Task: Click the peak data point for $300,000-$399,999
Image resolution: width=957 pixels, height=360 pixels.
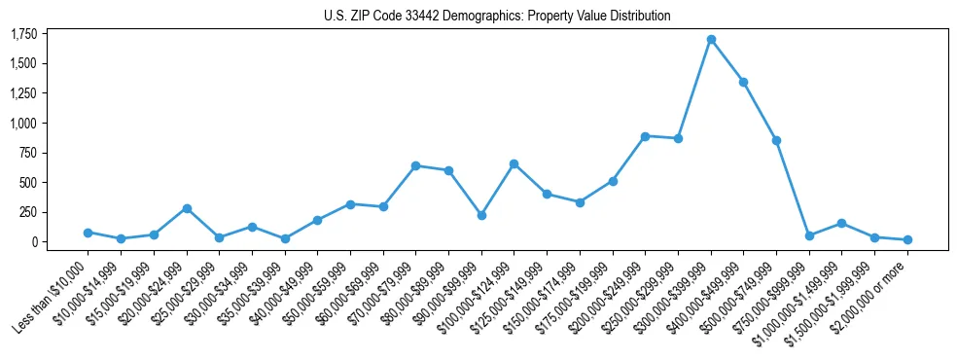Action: coord(711,40)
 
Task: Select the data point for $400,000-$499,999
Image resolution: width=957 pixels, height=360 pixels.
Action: coord(744,82)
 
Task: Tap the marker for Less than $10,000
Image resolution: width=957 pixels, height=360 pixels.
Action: coord(88,233)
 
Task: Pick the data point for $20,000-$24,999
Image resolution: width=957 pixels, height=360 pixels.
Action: coord(187,208)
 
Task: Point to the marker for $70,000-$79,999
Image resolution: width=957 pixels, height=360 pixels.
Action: coord(416,165)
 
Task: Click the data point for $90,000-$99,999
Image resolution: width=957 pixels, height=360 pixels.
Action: coord(481,215)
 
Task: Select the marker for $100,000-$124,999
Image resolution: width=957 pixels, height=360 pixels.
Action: coord(514,163)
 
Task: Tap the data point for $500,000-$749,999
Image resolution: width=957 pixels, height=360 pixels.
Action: coord(777,140)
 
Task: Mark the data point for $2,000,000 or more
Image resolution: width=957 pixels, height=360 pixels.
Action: coord(907,239)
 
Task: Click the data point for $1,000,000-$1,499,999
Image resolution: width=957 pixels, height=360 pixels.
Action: coord(842,223)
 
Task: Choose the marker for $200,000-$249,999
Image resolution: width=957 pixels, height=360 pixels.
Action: coord(646,136)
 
